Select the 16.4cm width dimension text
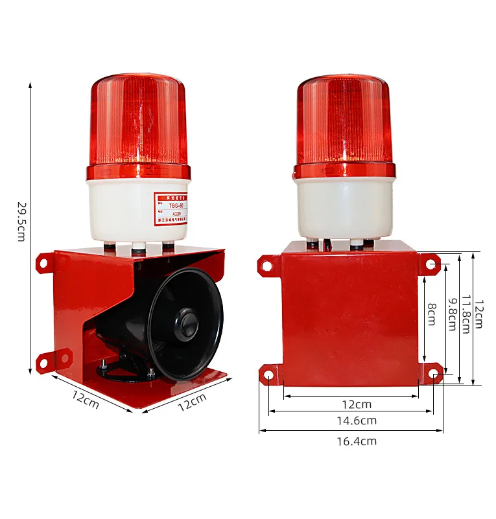pyautogui.click(x=351, y=441)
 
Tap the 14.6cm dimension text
pyautogui.click(x=351, y=421)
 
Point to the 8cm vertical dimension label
pyautogui.click(x=431, y=316)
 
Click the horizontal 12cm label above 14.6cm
pyautogui.click(x=357, y=404)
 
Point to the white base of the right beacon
pyautogui.click(x=344, y=207)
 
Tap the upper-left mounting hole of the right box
pyautogui.click(x=266, y=264)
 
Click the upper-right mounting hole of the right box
pyautogui.click(x=432, y=264)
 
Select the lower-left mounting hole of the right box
pyautogui.click(x=266, y=374)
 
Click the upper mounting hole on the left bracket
pyautogui.click(x=43, y=264)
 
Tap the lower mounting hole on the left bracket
pyautogui.click(x=45, y=363)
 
